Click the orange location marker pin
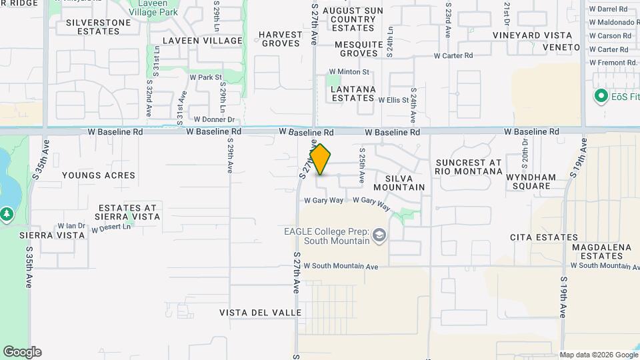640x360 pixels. tap(321, 159)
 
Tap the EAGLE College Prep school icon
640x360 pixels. tap(379, 235)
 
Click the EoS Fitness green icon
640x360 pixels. tap(600, 96)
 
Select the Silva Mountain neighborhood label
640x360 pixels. tap(400, 183)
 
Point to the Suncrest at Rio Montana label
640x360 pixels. tap(468, 167)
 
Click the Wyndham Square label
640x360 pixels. tap(531, 182)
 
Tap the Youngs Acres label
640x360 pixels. tap(98, 175)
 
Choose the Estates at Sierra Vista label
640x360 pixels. tap(128, 212)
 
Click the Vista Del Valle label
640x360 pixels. tap(261, 313)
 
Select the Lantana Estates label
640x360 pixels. tap(353, 93)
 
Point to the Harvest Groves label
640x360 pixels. tap(281, 39)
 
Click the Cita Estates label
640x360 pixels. tap(544, 237)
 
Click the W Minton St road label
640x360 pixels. tap(349, 72)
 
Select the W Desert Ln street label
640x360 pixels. tap(112, 228)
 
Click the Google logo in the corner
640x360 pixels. tap(22, 352)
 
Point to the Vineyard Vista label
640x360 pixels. tap(533, 35)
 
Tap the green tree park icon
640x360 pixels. tap(7, 214)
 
